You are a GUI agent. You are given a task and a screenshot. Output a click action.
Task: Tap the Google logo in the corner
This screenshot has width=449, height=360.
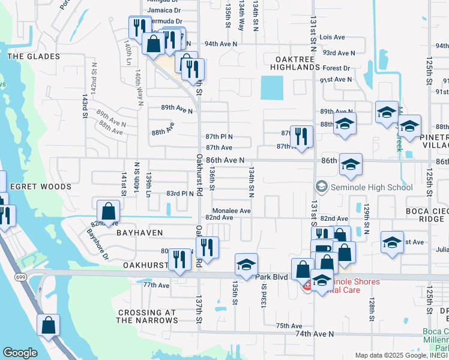point(20,352)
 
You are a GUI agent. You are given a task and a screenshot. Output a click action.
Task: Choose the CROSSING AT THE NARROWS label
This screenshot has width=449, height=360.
point(147,316)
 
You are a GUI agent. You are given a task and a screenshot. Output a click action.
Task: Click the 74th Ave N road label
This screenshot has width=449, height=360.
point(314,333)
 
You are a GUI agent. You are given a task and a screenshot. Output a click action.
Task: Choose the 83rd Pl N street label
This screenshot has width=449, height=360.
point(180,193)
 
